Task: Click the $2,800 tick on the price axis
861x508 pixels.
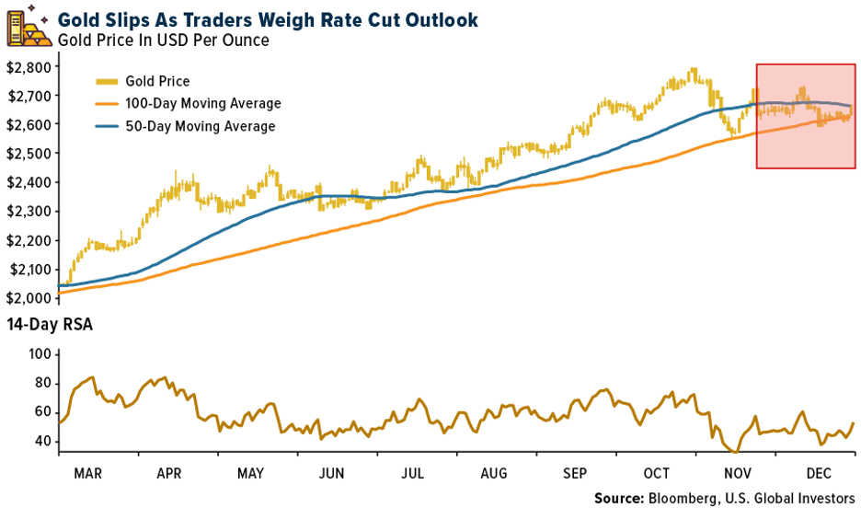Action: point(27,66)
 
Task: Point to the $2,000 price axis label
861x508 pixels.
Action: point(27,298)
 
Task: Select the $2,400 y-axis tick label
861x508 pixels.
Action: point(27,182)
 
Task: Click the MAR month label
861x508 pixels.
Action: point(88,474)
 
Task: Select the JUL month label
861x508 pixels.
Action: point(413,474)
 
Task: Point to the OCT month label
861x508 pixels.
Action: point(656,474)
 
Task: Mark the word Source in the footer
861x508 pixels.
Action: point(619,498)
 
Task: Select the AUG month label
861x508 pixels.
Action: point(495,474)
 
